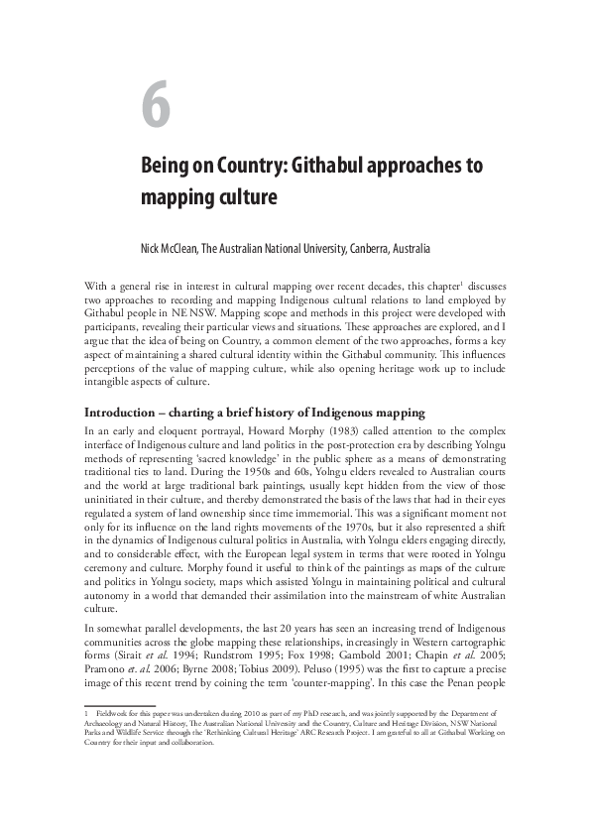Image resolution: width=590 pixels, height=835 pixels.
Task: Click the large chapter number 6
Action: (x=157, y=108)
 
